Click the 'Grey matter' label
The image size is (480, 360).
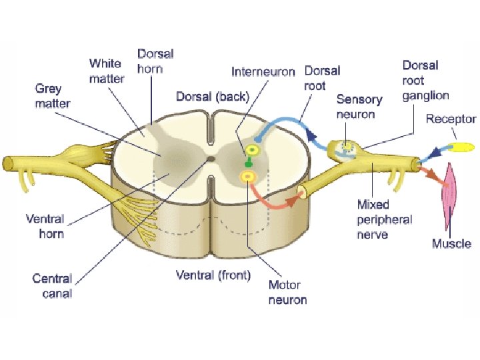pyautogui.click(x=53, y=96)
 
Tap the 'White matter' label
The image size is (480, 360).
pyautogui.click(x=107, y=71)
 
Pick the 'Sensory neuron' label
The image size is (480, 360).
pyautogui.click(x=359, y=106)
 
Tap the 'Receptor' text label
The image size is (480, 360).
pyautogui.click(x=451, y=119)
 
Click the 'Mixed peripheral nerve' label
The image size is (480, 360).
pyautogui.click(x=384, y=219)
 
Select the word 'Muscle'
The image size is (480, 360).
pyautogui.click(x=451, y=244)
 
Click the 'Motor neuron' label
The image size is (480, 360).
pyautogui.click(x=287, y=292)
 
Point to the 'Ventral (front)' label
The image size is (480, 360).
pyautogui.click(x=213, y=275)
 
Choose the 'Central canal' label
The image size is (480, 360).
pyautogui.click(x=52, y=286)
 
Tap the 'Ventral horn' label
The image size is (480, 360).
pyautogui.click(x=45, y=226)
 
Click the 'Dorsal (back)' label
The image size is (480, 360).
pyautogui.click(x=212, y=96)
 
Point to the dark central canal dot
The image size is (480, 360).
pyautogui.click(x=211, y=159)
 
